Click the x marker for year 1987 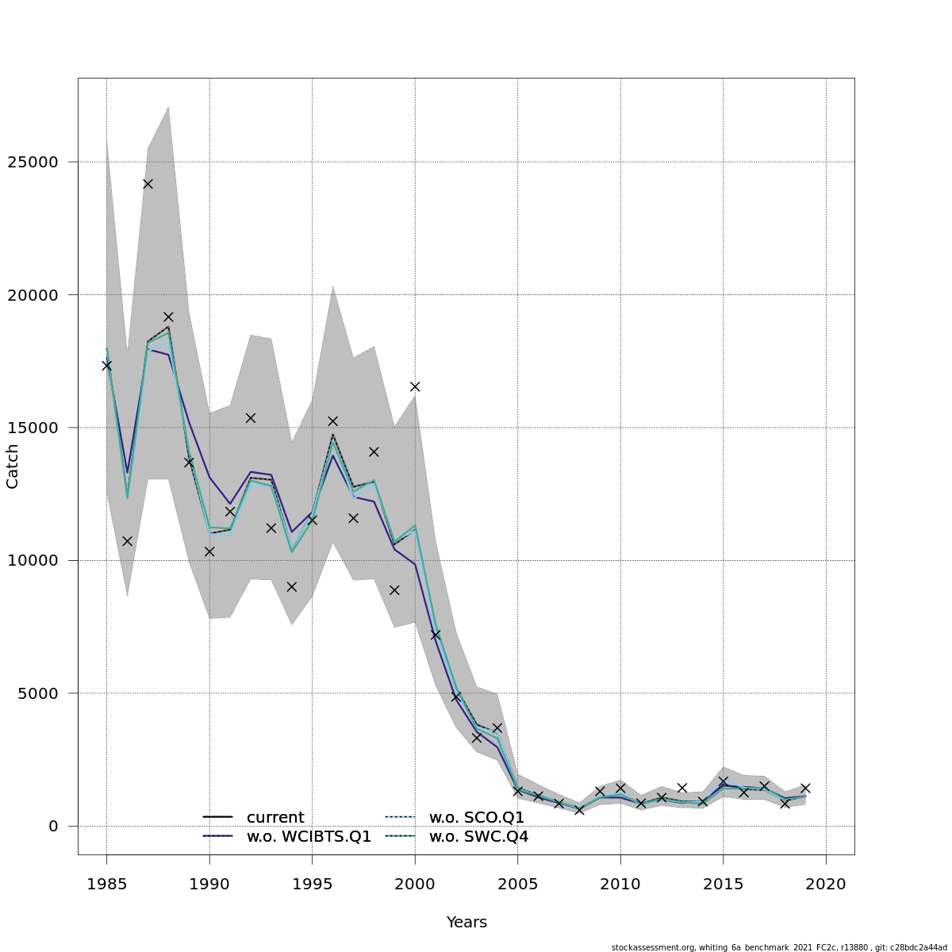click(x=148, y=184)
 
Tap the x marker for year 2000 click(x=415, y=386)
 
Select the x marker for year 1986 click(x=127, y=541)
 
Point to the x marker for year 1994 click(x=291, y=587)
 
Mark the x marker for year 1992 click(x=251, y=418)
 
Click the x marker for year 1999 click(x=394, y=590)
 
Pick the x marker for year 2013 click(x=682, y=788)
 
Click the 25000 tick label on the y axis click(x=33, y=162)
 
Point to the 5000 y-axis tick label click(x=38, y=693)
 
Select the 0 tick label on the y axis click(x=54, y=826)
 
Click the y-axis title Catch click(x=13, y=466)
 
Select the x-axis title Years click(x=466, y=923)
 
